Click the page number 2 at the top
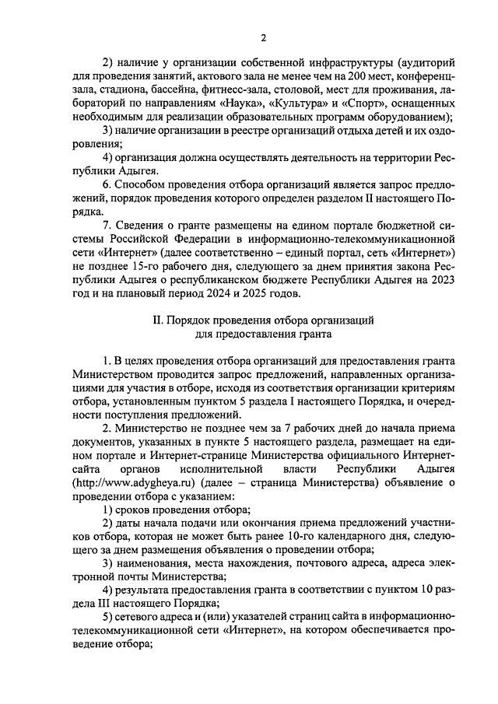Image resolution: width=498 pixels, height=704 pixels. (263, 37)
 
